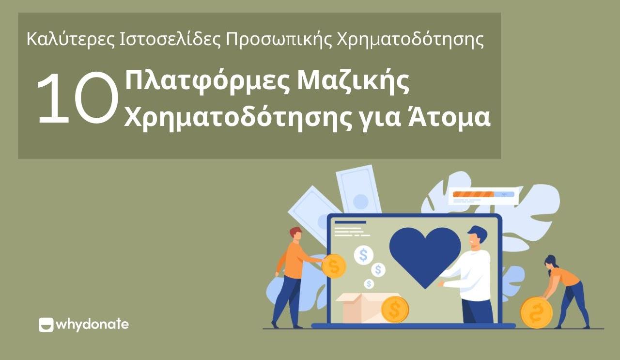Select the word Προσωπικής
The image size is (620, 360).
[279, 40]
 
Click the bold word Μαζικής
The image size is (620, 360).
[354, 82]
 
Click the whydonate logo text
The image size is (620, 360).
[92, 325]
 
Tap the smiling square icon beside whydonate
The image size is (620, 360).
[46, 325]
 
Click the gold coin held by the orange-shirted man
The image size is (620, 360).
[334, 266]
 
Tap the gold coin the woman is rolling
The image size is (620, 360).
[536, 313]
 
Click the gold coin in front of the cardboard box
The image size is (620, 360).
[395, 309]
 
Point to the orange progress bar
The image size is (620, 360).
[474, 194]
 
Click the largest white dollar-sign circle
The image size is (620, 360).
[364, 255]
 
